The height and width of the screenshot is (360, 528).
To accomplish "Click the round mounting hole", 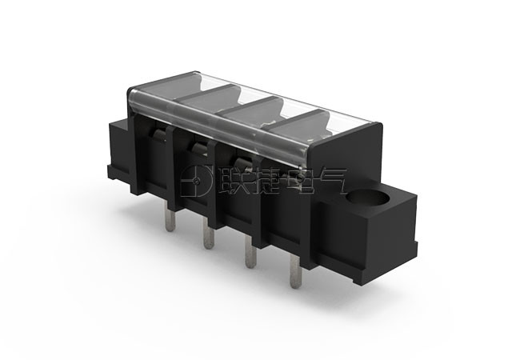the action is pyautogui.click(x=367, y=197).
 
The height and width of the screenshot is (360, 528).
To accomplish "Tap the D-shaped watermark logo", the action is pyautogui.click(x=196, y=181).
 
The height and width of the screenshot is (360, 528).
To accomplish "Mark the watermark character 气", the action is pyautogui.click(x=330, y=181).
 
